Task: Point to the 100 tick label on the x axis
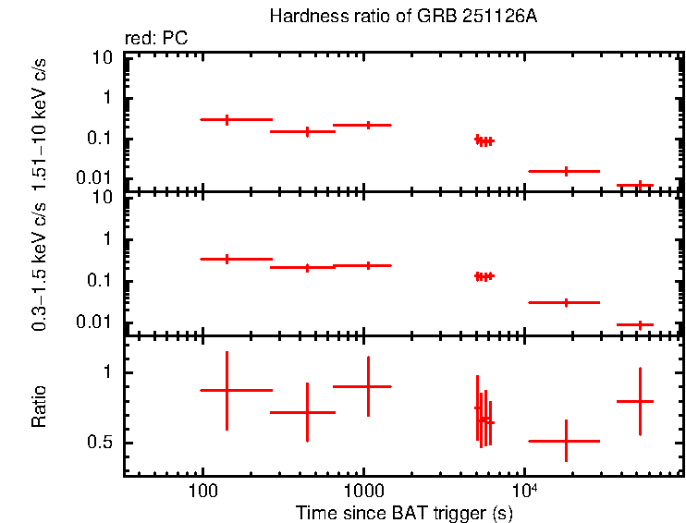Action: pyautogui.click(x=202, y=491)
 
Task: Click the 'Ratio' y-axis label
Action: pyautogui.click(x=39, y=407)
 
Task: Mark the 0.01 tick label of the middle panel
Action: pyautogui.click(x=97, y=322)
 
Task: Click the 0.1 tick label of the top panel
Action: pyautogui.click(x=101, y=139)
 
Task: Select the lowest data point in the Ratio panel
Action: pyautogui.click(x=566, y=441)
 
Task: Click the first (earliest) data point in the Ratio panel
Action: pyautogui.click(x=227, y=390)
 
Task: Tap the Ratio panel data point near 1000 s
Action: pyautogui.click(x=368, y=386)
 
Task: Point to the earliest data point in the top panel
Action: pyautogui.click(x=227, y=119)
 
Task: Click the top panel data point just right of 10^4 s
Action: pyautogui.click(x=566, y=171)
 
